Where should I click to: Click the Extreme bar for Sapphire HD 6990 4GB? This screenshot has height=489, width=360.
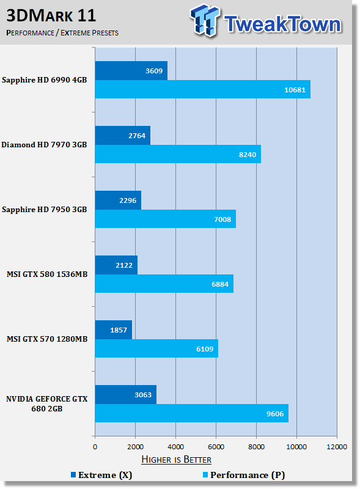click(x=131, y=70)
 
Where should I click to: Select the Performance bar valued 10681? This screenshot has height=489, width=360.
click(x=203, y=89)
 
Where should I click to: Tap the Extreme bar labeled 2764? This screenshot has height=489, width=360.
click(x=123, y=135)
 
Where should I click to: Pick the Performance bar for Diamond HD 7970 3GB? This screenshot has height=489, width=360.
click(x=178, y=154)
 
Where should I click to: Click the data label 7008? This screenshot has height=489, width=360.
click(x=222, y=219)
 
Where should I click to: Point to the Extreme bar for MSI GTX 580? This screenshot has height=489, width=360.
click(x=116, y=265)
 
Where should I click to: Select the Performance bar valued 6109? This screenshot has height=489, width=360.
click(x=156, y=348)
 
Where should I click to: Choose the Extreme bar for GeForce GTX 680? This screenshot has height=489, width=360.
click(x=126, y=394)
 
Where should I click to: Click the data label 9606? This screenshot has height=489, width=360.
click(x=275, y=414)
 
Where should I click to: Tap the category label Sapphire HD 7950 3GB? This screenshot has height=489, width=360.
click(x=44, y=209)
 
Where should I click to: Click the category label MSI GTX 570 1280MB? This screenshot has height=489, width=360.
click(x=47, y=339)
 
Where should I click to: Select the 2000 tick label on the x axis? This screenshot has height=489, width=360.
click(x=136, y=447)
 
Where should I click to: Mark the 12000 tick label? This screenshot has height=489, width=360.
click(x=337, y=447)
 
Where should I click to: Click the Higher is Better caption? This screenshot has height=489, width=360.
click(x=176, y=460)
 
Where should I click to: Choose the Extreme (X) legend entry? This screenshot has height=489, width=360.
click(x=101, y=475)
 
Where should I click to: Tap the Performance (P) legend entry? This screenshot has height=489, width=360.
click(x=244, y=475)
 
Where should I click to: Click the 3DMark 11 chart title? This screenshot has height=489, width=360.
click(x=51, y=16)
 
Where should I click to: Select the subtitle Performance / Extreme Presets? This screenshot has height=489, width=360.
click(x=62, y=33)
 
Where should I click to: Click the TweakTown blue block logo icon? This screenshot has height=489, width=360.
click(x=205, y=20)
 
